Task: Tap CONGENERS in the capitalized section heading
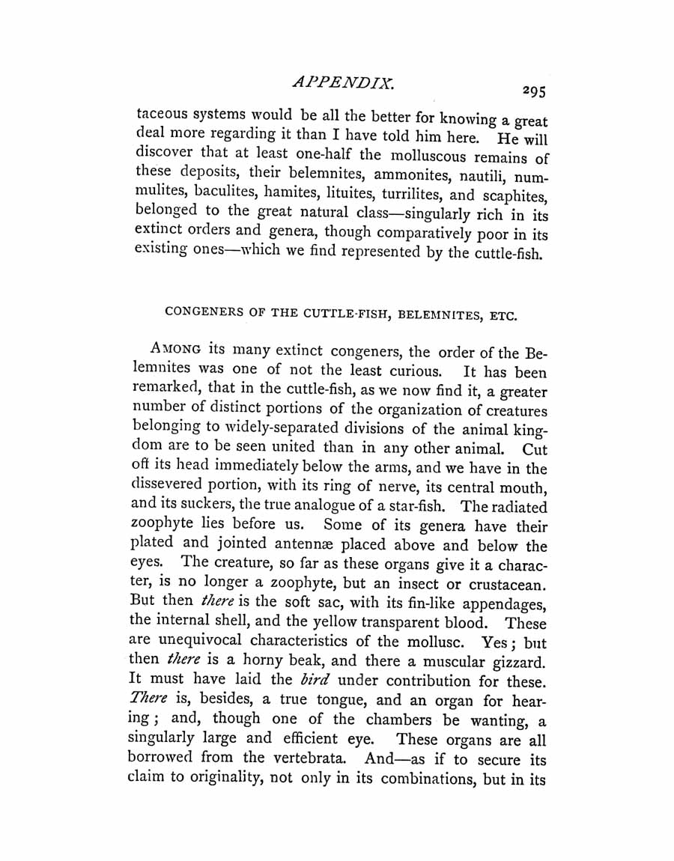pyautogui.click(x=200, y=313)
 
